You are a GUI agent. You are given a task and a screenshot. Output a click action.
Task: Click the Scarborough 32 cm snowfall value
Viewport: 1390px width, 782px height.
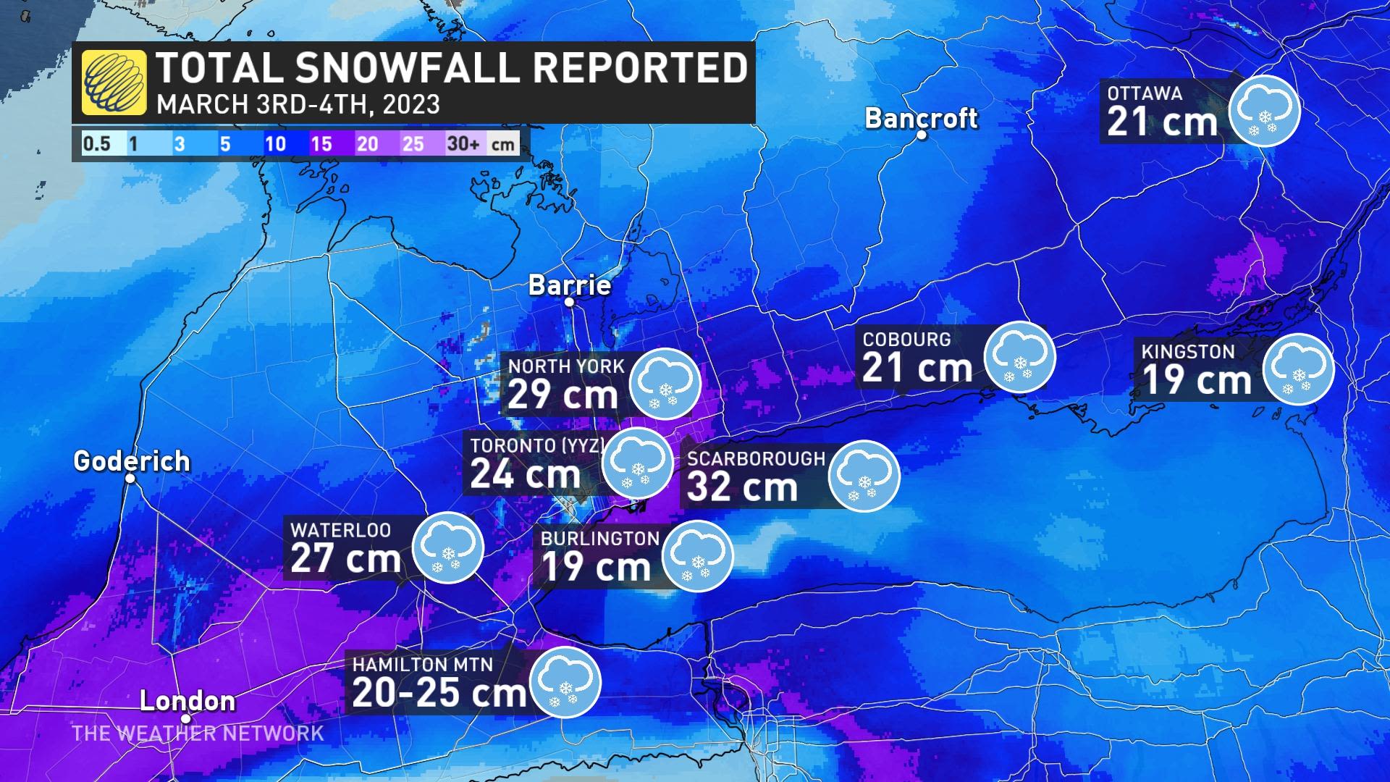tap(742, 487)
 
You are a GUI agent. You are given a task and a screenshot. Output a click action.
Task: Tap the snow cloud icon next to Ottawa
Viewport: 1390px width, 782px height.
tap(1265, 111)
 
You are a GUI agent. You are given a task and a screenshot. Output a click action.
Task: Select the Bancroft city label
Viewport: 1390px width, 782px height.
tap(921, 118)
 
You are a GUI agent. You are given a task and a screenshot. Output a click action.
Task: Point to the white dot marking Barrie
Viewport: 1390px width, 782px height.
tap(570, 302)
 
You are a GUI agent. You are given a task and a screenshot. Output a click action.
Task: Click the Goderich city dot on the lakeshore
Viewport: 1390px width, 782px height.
tap(131, 479)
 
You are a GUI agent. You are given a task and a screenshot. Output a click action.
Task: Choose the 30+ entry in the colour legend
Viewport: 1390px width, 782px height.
tap(463, 143)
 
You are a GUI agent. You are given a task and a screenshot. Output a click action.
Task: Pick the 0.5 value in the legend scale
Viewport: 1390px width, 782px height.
tap(96, 143)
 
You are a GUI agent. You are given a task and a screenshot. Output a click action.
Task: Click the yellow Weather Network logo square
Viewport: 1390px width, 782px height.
tap(114, 83)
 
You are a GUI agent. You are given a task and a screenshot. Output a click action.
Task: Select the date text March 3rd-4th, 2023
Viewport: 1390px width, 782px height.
tap(298, 105)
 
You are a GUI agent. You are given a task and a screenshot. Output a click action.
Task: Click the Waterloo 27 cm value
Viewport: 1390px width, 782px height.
tap(345, 558)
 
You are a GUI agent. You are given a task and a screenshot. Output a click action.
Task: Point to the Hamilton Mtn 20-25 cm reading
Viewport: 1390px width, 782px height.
tap(439, 692)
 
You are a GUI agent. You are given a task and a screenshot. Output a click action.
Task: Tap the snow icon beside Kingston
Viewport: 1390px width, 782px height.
tap(1298, 369)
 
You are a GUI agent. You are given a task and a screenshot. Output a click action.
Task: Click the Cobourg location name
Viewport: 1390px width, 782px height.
tap(906, 339)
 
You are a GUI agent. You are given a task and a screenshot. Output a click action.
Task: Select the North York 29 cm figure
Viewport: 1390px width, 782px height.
tap(562, 395)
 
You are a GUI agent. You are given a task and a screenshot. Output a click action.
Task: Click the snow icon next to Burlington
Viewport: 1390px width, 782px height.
tap(697, 556)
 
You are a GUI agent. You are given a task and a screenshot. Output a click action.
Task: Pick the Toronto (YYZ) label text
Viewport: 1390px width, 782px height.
tap(536, 445)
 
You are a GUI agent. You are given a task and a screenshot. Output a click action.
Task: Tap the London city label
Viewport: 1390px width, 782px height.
tap(188, 701)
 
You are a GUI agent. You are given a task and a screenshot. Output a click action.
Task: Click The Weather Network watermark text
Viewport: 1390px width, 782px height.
tap(198, 733)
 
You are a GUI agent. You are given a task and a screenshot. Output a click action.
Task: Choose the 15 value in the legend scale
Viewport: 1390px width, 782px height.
tap(321, 143)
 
